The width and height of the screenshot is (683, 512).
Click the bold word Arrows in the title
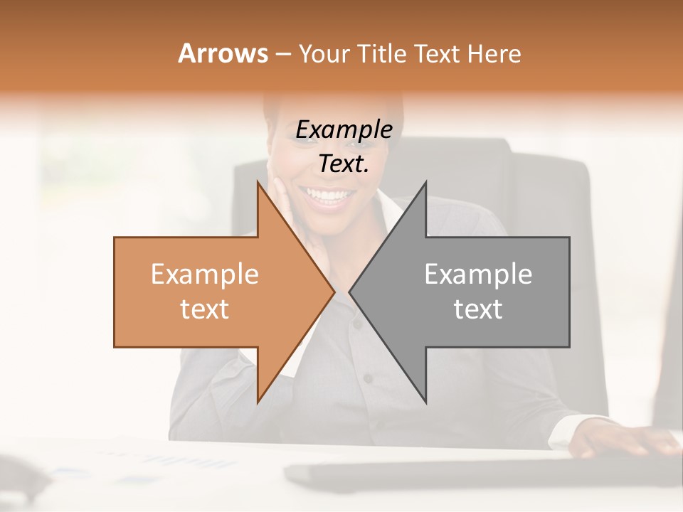(x=223, y=53)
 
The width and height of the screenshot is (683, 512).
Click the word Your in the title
(x=324, y=54)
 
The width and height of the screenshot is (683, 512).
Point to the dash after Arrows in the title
(x=282, y=55)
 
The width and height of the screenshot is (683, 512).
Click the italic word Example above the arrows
(x=344, y=130)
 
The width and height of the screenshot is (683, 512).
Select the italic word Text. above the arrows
(x=344, y=164)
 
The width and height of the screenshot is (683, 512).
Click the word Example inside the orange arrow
(x=205, y=274)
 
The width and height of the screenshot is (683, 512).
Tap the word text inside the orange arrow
(x=205, y=309)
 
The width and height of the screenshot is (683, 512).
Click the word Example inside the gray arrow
(x=478, y=274)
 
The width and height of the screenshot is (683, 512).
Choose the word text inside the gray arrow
(x=478, y=309)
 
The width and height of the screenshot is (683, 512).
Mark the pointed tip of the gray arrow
(x=351, y=292)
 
